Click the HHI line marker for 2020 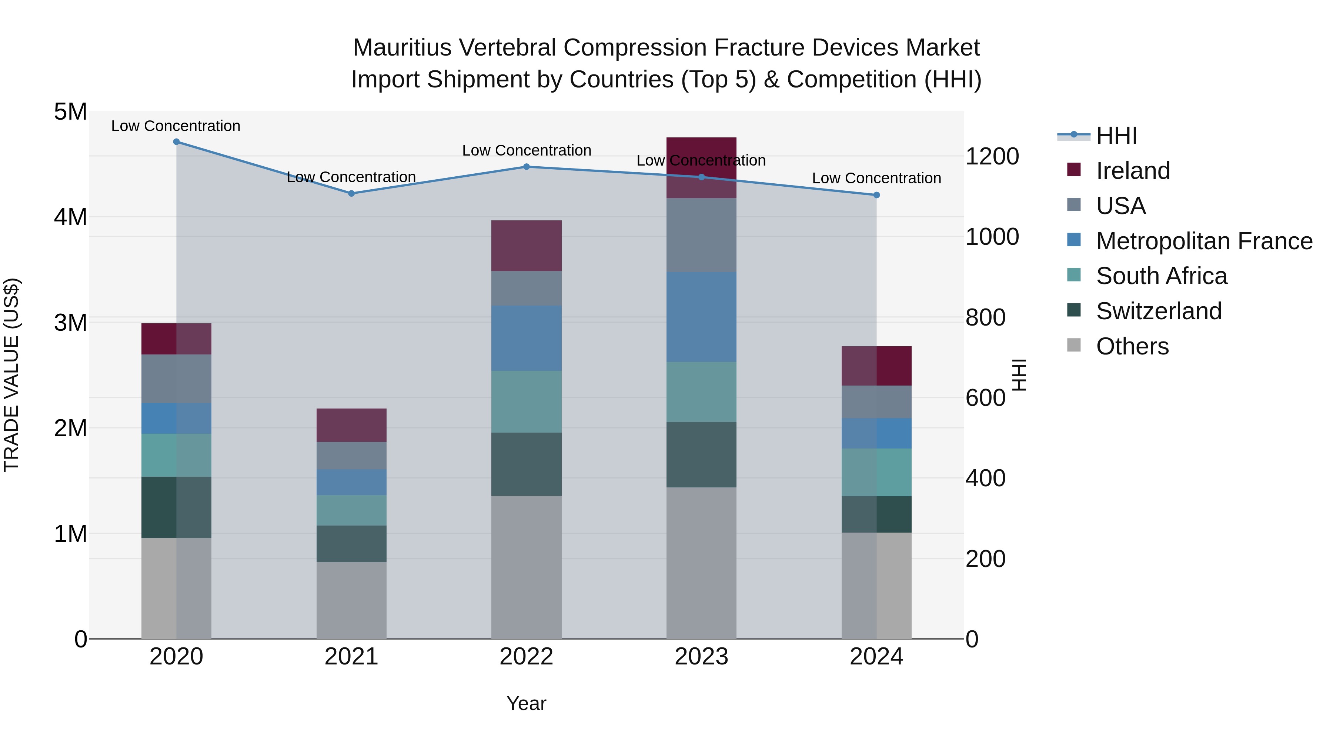[x=177, y=142]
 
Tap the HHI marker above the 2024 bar [x=876, y=195]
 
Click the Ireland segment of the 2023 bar [x=701, y=167]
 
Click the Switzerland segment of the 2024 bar [x=876, y=514]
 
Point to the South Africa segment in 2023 [x=701, y=391]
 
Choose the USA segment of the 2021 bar [x=351, y=456]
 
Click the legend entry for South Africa [x=1161, y=276]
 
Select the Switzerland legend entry [x=1158, y=311]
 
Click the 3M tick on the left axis [x=70, y=323]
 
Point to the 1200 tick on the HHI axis [x=992, y=156]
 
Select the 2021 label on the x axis [x=351, y=657]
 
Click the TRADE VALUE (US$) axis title [x=12, y=375]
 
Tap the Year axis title [x=526, y=703]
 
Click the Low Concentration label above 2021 [x=351, y=177]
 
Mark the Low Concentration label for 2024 [x=876, y=178]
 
